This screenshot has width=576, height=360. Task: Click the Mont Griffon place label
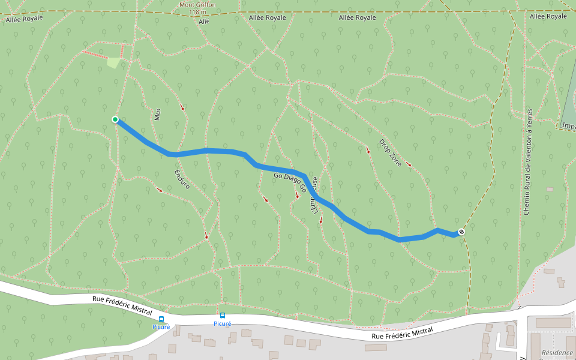click(197, 4)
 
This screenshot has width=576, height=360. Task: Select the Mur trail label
click(157, 114)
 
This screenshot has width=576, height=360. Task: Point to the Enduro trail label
click(182, 179)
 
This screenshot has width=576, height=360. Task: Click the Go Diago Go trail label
click(290, 182)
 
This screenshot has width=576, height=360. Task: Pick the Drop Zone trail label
click(390, 152)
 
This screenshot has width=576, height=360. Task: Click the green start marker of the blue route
click(115, 119)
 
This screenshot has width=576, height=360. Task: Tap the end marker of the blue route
click(461, 232)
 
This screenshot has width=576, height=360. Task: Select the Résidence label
click(557, 353)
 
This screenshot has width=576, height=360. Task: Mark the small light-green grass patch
click(113, 62)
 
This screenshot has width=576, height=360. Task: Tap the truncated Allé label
click(203, 20)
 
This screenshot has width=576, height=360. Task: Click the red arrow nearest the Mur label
click(182, 108)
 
